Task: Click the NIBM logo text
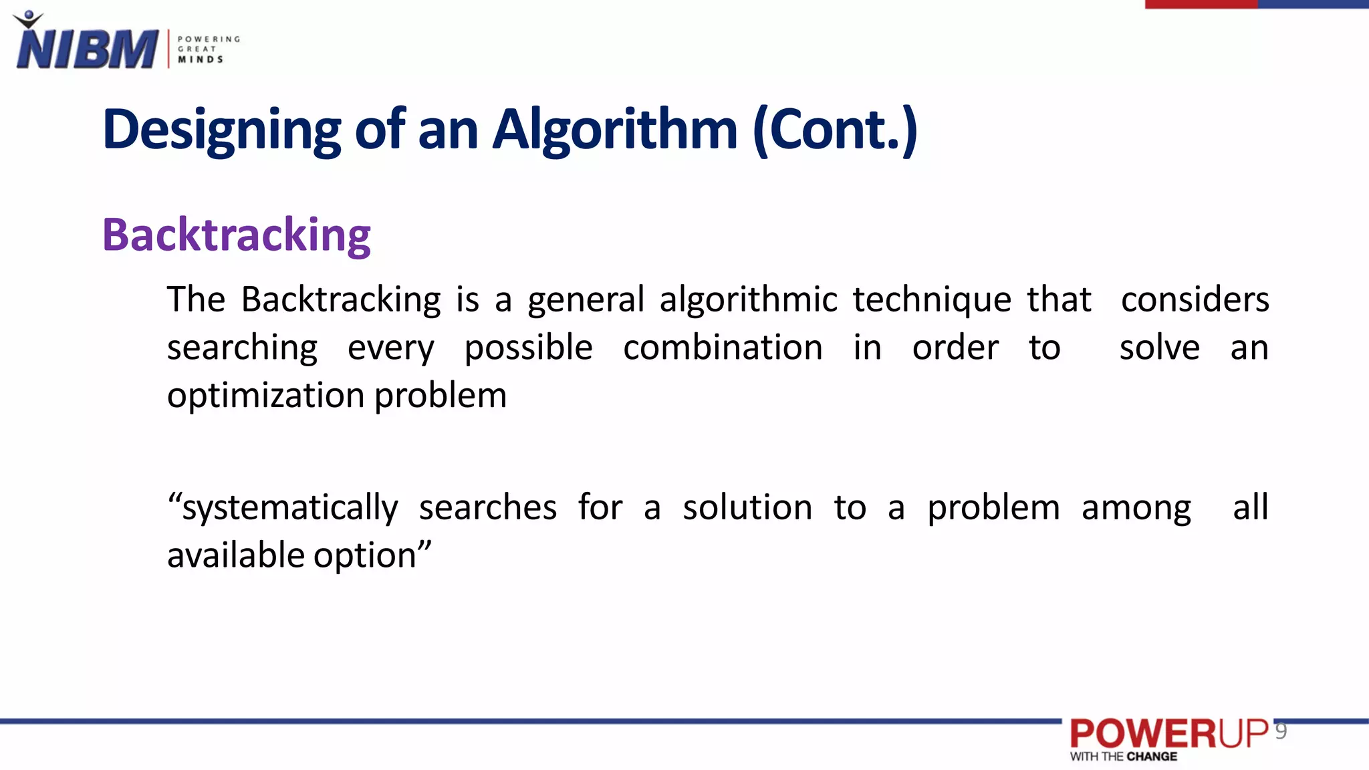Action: (87, 49)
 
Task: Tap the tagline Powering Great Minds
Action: (208, 49)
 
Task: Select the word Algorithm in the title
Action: (615, 130)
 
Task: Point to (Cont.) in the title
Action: (835, 130)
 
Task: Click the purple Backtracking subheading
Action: (236, 235)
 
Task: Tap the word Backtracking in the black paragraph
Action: (340, 299)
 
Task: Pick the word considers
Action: (1195, 299)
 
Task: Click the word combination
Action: (723, 348)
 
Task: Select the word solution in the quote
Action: (747, 507)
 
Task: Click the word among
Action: (1136, 508)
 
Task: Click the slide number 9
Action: (1281, 731)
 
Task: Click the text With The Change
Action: (1123, 757)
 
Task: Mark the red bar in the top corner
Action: (1201, 4)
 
